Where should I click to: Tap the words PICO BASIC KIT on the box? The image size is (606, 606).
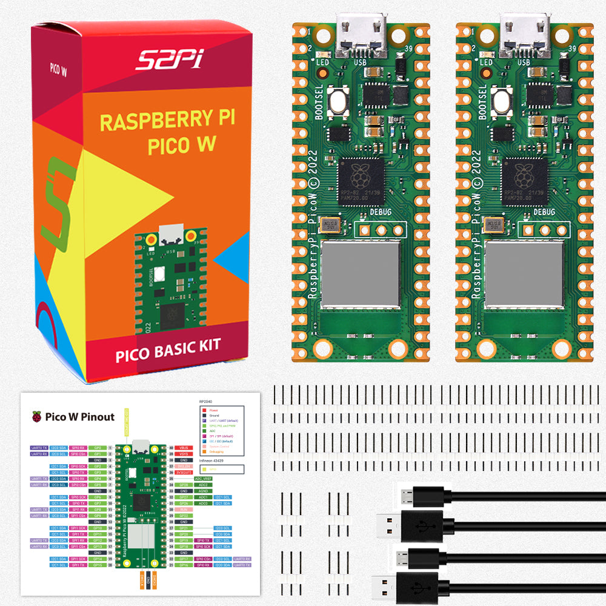pos(168,351)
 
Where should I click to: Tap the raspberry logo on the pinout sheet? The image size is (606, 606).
pos(38,416)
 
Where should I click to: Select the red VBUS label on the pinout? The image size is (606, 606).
pos(184,447)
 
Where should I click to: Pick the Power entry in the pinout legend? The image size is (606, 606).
pos(213,410)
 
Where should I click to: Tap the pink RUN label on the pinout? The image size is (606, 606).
pos(184,510)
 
